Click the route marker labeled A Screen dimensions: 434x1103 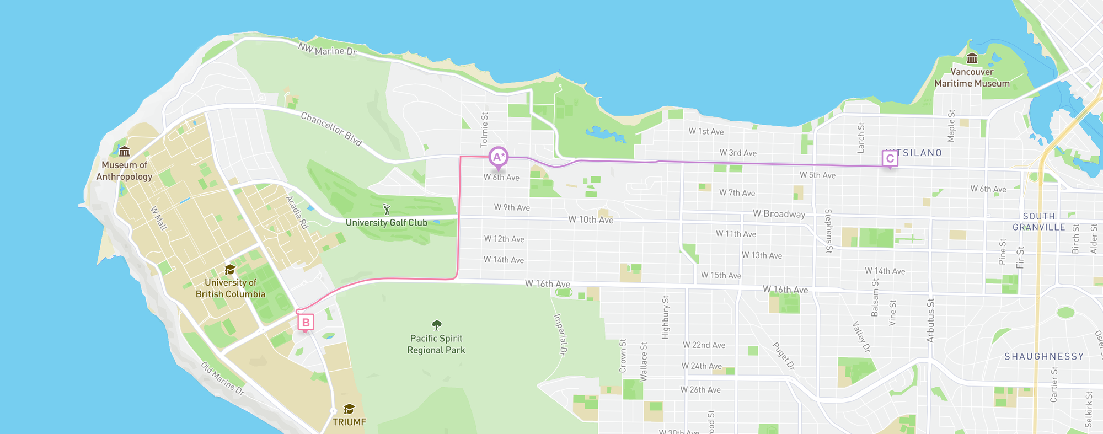click(498, 157)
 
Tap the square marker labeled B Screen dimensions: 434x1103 click(306, 322)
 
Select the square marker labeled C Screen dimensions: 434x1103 click(890, 159)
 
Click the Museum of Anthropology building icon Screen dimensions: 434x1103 click(125, 152)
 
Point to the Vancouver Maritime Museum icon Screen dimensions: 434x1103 click(972, 58)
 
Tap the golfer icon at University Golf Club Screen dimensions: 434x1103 click(387, 210)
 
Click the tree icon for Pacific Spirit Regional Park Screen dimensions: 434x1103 click(436, 325)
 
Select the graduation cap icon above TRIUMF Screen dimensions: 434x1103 click(349, 409)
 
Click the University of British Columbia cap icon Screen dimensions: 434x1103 click(230, 270)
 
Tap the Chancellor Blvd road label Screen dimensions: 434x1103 click(331, 129)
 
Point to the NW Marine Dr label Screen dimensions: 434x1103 click(328, 50)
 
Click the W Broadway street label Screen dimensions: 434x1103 click(779, 214)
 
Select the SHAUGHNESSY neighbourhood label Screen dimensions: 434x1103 click(1044, 356)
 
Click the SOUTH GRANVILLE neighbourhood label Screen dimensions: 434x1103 click(1038, 222)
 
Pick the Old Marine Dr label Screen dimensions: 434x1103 click(222, 379)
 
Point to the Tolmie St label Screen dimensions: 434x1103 click(484, 130)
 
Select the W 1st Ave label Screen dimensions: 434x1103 click(706, 131)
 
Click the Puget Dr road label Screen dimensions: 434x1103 click(783, 356)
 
